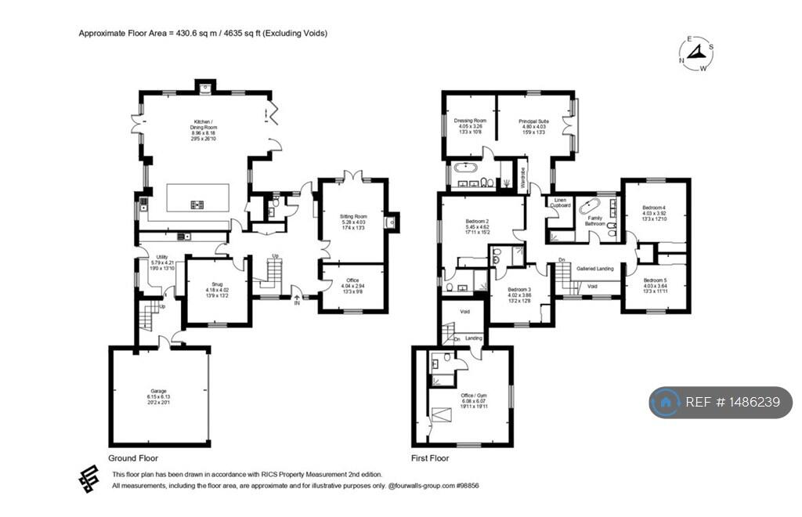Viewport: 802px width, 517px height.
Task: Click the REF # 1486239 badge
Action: pyautogui.click(x=721, y=402)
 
